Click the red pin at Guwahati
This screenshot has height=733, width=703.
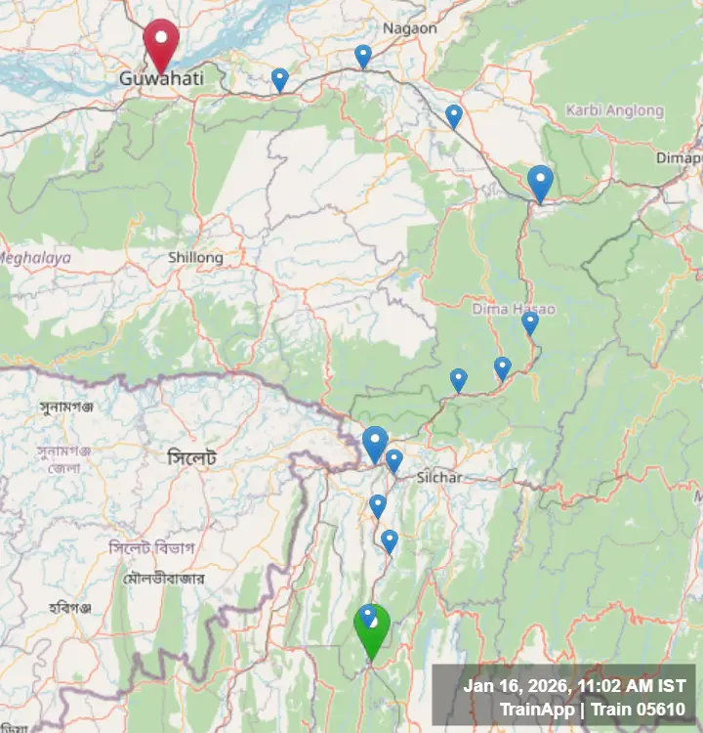click(161, 41)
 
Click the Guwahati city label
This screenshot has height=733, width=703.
click(161, 77)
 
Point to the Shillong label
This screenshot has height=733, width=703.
click(195, 257)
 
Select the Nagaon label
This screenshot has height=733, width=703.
click(410, 28)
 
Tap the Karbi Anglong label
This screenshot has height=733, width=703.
click(614, 110)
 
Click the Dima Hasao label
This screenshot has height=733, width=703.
click(513, 309)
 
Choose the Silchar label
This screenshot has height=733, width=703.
click(438, 477)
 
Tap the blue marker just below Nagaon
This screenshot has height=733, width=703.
click(363, 56)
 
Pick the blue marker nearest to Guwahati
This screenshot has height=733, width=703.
click(280, 79)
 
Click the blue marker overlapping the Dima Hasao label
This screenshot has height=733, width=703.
click(530, 322)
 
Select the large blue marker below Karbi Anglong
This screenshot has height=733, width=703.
click(540, 182)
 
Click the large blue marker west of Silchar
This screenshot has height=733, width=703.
click(375, 443)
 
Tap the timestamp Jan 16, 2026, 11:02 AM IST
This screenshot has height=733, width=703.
click(574, 686)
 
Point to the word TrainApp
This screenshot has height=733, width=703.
click(536, 709)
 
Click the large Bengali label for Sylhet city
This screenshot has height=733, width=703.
click(191, 457)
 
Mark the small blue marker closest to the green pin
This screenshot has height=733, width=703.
click(368, 615)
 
